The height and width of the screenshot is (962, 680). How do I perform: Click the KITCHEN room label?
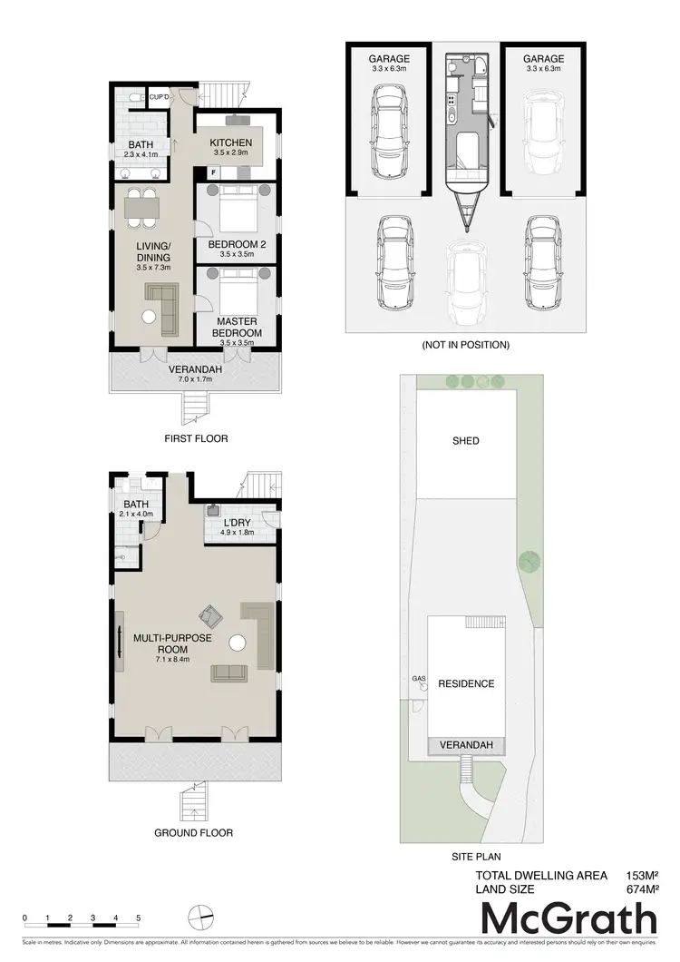point(231,143)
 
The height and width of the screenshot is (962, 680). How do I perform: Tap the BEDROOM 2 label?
point(235,245)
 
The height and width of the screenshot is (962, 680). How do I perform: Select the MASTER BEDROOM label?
point(237,327)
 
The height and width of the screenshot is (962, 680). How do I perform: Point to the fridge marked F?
point(213,172)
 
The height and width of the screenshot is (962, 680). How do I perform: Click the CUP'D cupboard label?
point(160,97)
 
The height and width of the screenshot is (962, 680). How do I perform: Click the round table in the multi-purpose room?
point(238,643)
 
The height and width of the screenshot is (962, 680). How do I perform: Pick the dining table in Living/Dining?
point(141,210)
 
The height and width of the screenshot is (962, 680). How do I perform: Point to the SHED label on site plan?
point(465,441)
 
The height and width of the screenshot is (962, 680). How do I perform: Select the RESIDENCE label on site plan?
point(466,683)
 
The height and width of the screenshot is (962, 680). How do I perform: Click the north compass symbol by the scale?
point(202,917)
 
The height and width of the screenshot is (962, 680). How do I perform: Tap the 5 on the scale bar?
point(139,918)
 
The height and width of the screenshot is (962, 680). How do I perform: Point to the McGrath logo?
point(568,920)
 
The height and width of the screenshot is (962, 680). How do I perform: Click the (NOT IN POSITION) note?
point(466,345)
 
